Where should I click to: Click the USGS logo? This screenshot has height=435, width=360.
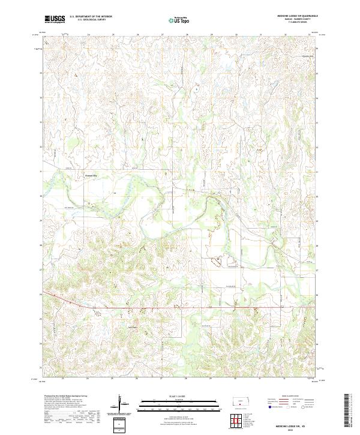click(55, 19)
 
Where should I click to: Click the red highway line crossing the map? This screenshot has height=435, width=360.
click(180, 308)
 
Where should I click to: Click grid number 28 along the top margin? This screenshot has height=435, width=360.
click(187, 35)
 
